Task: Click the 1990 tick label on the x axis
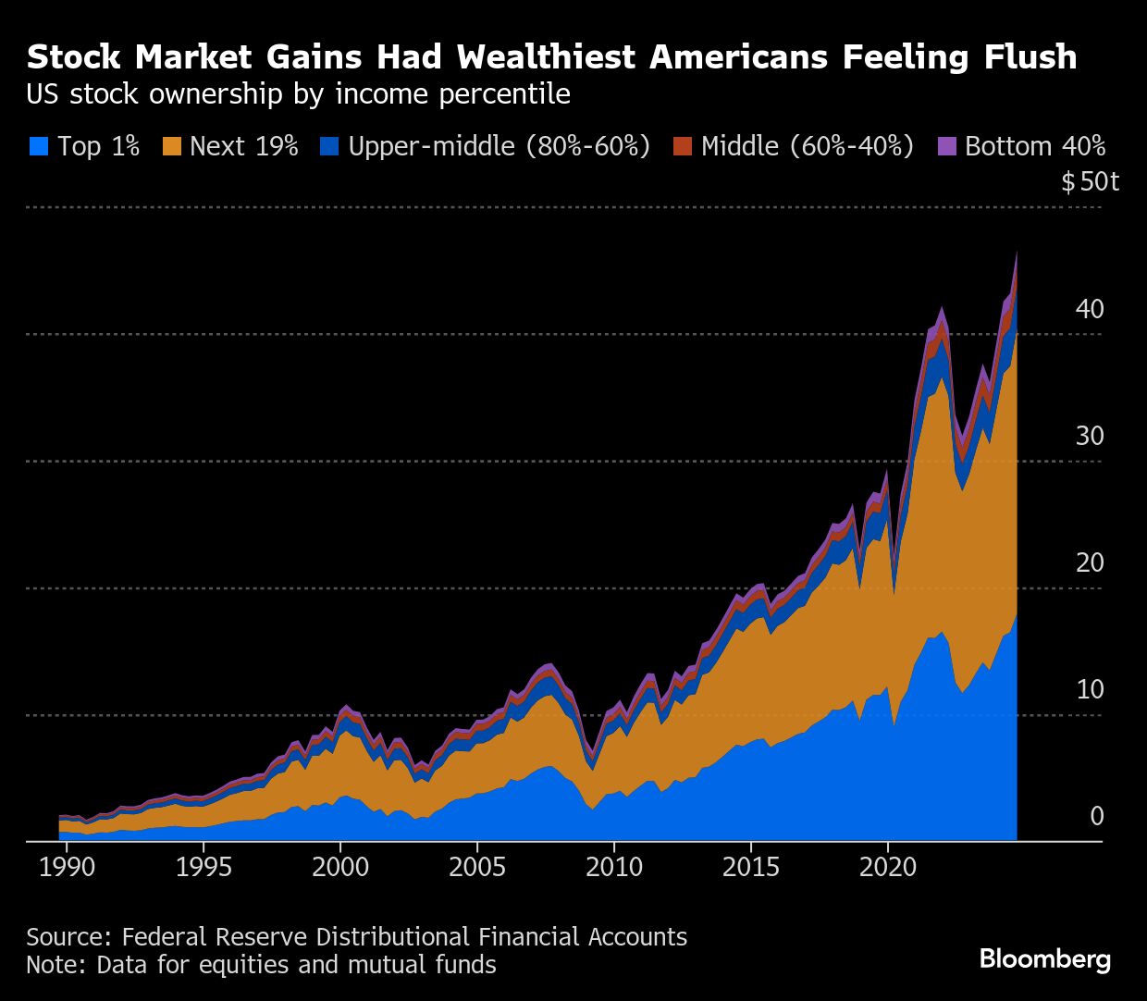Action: tap(68, 868)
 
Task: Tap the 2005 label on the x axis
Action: tap(477, 868)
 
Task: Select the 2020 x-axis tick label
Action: tap(888, 868)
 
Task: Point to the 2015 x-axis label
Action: tap(751, 868)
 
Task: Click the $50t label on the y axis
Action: tap(1090, 181)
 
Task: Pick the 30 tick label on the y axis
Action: tap(1090, 436)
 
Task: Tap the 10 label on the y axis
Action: tap(1090, 689)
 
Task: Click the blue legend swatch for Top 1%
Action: tap(39, 146)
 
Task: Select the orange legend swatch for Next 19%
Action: tap(172, 146)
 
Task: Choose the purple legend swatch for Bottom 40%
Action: tap(947, 146)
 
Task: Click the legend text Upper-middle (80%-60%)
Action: tap(499, 146)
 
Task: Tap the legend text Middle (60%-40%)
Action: tap(807, 146)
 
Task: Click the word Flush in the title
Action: tap(1025, 57)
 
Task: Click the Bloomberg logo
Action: tap(1044, 959)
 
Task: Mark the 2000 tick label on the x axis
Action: tap(340, 868)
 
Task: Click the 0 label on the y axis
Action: tap(1097, 816)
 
